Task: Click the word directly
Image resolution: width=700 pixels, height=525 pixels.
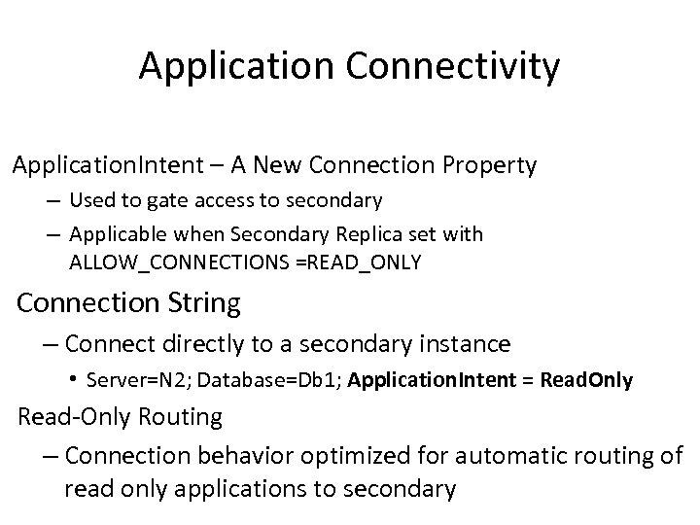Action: [x=197, y=343]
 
